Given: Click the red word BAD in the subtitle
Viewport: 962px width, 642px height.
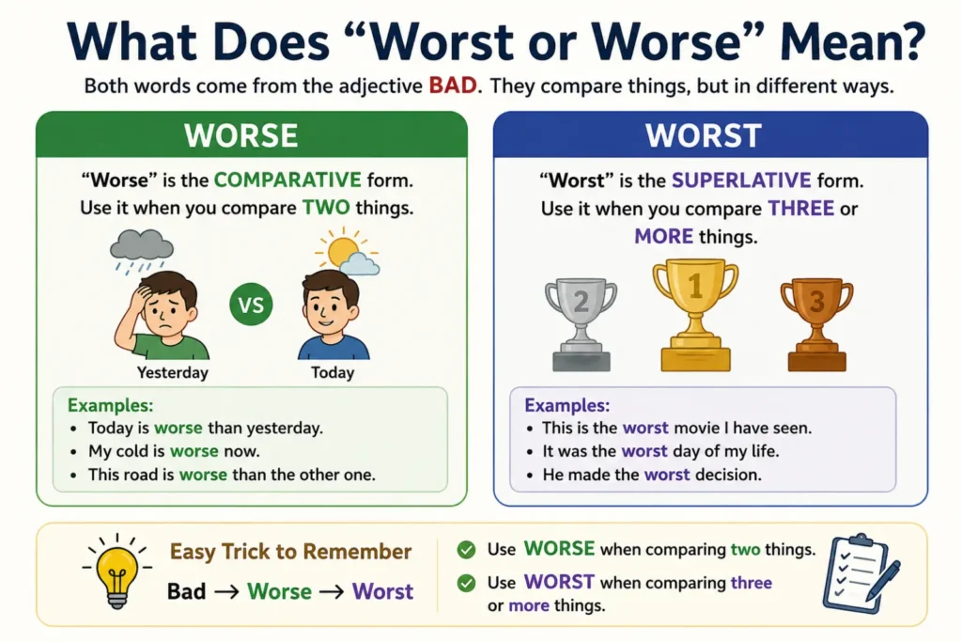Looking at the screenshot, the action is click(x=453, y=86).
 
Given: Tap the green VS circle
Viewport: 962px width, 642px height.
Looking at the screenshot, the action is click(x=251, y=305).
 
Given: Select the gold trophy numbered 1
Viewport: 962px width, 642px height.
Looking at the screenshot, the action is click(x=695, y=316).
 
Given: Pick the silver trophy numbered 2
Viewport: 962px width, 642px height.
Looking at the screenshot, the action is click(x=581, y=325).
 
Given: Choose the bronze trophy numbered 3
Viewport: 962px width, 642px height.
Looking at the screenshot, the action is click(x=816, y=325).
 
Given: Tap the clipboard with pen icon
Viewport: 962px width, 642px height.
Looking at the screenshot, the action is click(x=861, y=573).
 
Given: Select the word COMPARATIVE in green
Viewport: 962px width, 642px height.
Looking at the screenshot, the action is click(x=287, y=180).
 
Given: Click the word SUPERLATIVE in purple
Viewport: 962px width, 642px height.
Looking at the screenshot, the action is click(x=741, y=180).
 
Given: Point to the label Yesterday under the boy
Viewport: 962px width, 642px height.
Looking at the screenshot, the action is click(x=173, y=372).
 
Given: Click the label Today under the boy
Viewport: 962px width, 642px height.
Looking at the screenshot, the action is click(x=333, y=372).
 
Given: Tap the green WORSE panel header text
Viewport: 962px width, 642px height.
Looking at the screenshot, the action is click(x=241, y=135).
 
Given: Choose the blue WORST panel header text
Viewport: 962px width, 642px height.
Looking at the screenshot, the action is click(x=703, y=135).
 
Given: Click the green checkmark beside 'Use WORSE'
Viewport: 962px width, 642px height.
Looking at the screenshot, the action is click(x=466, y=549).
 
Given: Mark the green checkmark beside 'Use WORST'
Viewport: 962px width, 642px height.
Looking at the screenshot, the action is click(x=466, y=583).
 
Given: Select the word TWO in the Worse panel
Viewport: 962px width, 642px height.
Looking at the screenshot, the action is click(x=326, y=208).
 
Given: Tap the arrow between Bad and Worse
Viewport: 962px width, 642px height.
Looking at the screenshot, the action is click(x=226, y=591).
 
